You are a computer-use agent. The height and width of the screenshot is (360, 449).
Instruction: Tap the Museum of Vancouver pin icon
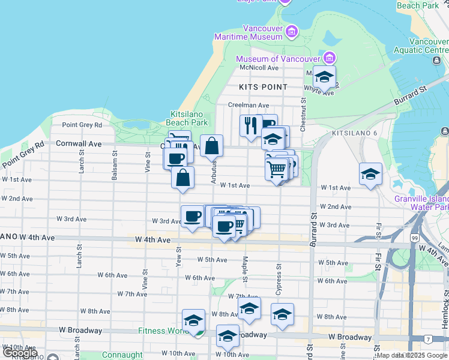coord(329,59)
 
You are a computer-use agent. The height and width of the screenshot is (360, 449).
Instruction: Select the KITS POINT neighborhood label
coord(263,87)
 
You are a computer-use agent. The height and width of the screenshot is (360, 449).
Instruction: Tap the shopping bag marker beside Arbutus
coord(212,146)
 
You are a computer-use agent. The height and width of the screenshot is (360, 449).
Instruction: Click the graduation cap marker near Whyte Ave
coord(324,77)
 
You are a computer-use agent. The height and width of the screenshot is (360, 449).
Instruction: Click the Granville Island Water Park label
coord(420,203)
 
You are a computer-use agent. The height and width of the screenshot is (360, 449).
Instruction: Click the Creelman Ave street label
coord(248,105)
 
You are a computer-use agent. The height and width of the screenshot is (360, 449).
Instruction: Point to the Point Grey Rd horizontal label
coord(82,125)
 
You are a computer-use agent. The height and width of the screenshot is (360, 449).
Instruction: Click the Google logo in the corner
coord(20,353)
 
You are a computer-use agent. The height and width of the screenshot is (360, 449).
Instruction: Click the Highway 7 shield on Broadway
coord(427,340)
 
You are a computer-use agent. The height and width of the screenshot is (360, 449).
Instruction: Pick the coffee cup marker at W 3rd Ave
coord(193,216)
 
